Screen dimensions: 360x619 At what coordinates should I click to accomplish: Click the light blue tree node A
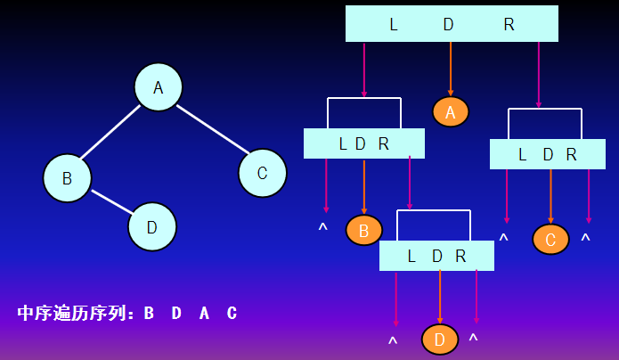coord(159,87)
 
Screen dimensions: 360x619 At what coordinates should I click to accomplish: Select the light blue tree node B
coord(67,177)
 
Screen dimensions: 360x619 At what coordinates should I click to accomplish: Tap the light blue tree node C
coord(262,173)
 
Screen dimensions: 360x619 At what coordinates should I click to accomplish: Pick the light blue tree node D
coord(152,226)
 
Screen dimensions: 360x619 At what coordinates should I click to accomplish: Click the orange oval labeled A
coord(451,111)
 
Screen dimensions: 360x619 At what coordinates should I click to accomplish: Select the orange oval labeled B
coord(363,230)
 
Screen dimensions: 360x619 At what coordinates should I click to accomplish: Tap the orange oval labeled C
coord(550,239)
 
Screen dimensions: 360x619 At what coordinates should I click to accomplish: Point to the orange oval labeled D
coord(440,339)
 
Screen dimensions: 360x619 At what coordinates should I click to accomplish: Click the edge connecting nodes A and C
coord(210,128)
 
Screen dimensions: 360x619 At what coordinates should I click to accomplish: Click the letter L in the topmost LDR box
coord(394,25)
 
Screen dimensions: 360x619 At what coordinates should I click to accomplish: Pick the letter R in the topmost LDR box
coord(509,25)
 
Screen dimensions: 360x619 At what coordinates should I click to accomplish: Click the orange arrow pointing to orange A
coord(451,69)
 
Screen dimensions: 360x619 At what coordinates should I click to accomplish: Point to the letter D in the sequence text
coord(176,314)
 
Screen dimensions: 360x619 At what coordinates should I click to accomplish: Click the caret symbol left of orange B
coord(323,229)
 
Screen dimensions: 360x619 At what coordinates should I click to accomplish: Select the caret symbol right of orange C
coord(585,240)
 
